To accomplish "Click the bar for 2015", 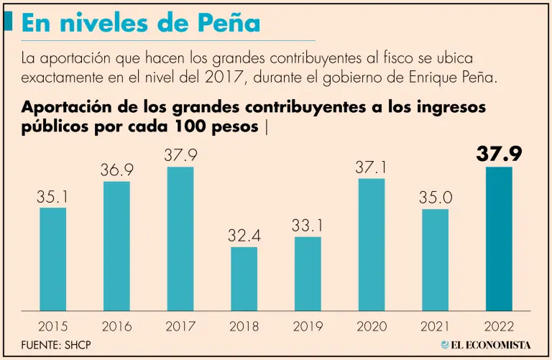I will pos(52,259).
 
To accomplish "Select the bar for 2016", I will pos(116,246).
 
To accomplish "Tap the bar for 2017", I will pos(180,239).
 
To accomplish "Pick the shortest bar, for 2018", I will pos(244,278).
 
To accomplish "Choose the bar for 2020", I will pos(371,244).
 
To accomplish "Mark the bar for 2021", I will pos(435,259).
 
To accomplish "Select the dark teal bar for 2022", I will pos(499,239).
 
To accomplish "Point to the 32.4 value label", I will pos(244,234).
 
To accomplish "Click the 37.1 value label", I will pos(371,167).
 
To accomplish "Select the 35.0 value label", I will pos(435,197).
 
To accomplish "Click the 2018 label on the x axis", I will pos(244,326).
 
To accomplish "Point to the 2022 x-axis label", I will pos(499,326).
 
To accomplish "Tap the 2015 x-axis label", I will pos(52,326).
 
